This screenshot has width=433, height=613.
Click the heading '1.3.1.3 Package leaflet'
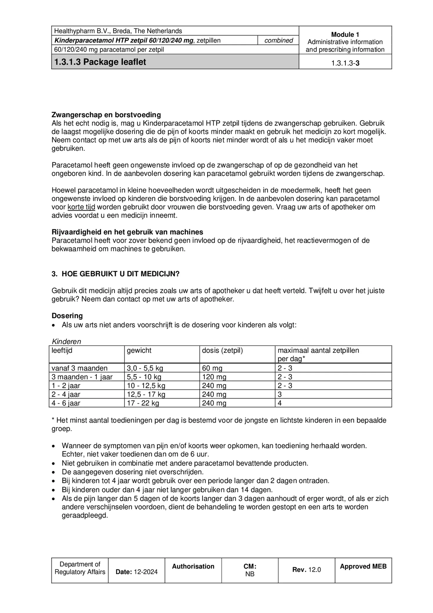pos(100,62)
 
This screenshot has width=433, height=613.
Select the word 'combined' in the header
pos(278,40)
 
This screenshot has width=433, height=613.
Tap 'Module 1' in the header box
pos(345,35)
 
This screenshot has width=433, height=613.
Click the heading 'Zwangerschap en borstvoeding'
pos(106,115)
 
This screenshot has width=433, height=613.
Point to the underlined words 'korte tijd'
pos(81,207)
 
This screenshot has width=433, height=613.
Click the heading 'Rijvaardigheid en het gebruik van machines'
pos(127,232)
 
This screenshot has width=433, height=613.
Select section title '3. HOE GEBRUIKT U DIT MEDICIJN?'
pos(115,274)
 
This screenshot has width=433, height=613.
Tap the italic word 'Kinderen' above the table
pos(66,341)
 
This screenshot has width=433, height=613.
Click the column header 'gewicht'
pos(139,350)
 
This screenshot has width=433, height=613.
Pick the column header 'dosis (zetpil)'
pos(222,350)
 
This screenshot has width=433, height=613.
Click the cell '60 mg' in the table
pos(212,368)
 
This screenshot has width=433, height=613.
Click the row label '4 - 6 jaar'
pos(66,403)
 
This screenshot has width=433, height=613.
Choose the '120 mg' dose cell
pos(214,377)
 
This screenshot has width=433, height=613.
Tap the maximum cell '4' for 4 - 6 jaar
pos(280,403)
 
